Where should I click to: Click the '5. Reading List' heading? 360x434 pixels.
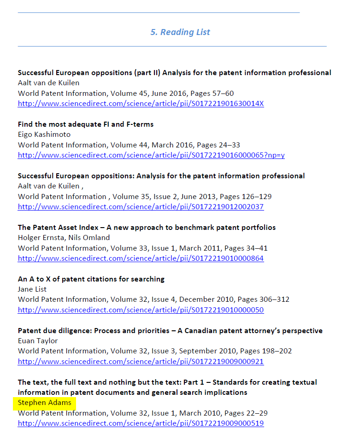[180, 32]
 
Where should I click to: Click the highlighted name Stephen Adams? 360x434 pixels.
[45, 403]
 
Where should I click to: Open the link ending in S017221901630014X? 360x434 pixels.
[141, 104]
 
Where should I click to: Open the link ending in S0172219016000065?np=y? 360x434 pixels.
[151, 155]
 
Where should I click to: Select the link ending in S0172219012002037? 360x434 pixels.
[141, 207]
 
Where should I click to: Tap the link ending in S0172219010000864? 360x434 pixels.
[141, 258]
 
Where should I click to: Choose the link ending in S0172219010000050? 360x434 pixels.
[141, 310]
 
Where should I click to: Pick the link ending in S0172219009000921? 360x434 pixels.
[141, 362]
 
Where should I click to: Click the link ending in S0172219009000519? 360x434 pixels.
[141, 423]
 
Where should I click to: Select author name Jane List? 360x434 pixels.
[32, 289]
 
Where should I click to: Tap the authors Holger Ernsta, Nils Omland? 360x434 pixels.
[64, 238]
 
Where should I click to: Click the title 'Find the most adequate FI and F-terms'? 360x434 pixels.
[86, 124]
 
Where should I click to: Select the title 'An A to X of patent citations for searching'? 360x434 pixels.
[91, 279]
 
